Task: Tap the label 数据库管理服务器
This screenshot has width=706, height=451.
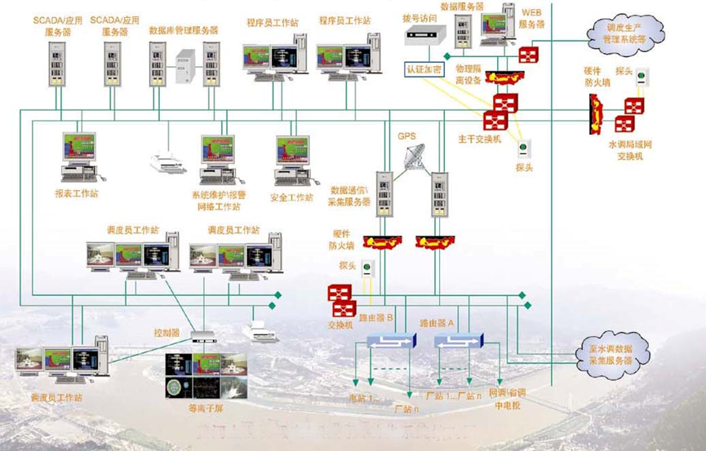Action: tap(184, 29)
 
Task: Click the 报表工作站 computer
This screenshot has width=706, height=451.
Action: tap(81, 156)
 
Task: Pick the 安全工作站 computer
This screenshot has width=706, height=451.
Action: tap(291, 159)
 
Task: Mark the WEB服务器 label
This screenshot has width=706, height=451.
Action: tap(532, 20)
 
